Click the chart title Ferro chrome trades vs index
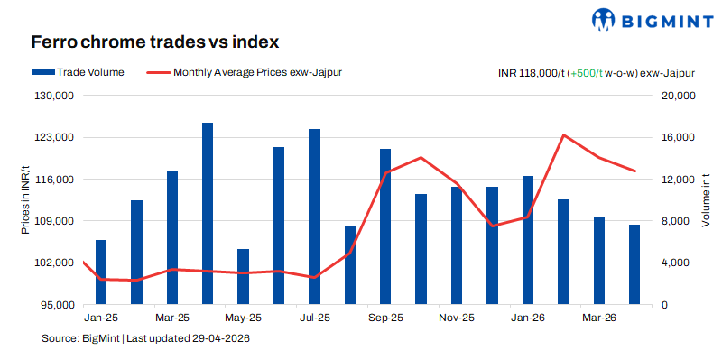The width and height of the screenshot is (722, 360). [153, 42]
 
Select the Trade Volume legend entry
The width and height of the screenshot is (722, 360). [78, 71]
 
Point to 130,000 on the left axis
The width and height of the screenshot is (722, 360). [53, 96]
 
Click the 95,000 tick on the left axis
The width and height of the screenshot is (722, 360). [56, 305]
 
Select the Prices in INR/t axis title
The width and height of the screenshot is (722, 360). [25, 200]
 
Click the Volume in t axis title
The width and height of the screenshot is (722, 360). [707, 200]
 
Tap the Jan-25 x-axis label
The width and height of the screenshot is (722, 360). [101, 318]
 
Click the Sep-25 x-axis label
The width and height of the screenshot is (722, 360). [385, 318]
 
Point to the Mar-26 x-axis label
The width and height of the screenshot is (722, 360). [598, 318]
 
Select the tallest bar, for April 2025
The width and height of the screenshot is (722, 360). [208, 214]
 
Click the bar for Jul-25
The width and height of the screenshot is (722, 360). [314, 217]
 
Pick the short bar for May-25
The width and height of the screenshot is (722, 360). [243, 276]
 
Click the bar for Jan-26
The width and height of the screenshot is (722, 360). [527, 240]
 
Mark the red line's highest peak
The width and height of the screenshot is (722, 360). [563, 135]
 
